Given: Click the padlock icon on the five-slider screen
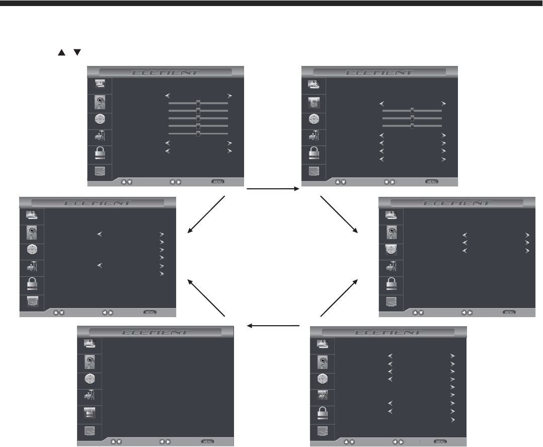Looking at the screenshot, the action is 99,154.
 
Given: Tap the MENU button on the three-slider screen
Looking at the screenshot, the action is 431,181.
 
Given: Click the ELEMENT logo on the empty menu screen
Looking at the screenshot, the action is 156,332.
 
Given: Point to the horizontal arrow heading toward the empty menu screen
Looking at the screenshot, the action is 272,325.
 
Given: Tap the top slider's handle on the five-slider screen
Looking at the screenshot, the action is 198,103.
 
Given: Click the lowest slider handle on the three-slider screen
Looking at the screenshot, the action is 412,126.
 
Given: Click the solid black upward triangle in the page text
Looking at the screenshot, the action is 62,52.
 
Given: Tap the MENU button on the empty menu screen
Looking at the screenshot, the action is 208,441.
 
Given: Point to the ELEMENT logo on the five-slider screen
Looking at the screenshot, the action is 166,72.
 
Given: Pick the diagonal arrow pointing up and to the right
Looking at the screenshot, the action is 339,299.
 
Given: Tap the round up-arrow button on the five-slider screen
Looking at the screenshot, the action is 124,182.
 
